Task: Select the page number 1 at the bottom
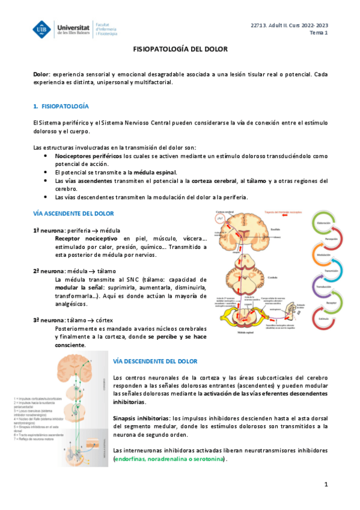click(326, 484)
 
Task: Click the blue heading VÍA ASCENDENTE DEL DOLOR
click(73, 214)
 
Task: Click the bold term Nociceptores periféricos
click(88, 156)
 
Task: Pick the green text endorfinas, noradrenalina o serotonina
click(169, 459)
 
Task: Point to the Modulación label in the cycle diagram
click(322, 254)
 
